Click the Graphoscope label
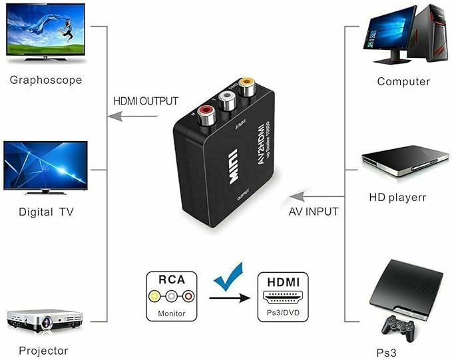point(46,81)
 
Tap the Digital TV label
point(46,212)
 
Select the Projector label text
point(44,350)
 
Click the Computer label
point(403,82)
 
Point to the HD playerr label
point(397,198)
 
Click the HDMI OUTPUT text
point(146,101)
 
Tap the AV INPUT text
point(314,212)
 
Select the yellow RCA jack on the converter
point(247,86)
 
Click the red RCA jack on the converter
point(204,110)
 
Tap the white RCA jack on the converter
point(226,98)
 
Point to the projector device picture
point(42,319)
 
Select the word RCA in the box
point(172,279)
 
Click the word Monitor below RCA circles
point(172,313)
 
